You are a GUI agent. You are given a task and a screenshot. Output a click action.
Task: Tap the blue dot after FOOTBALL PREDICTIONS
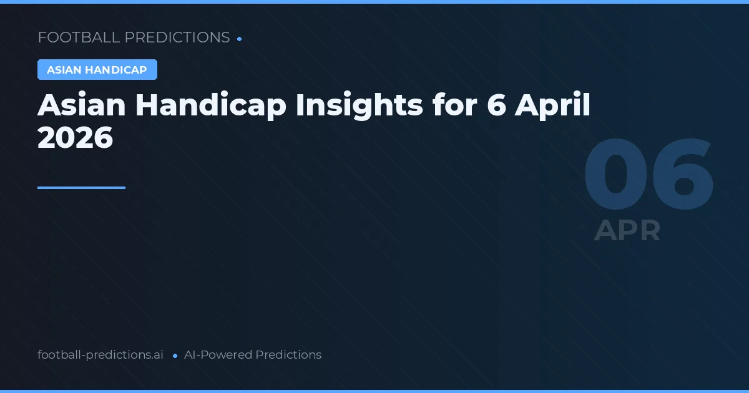pos(240,39)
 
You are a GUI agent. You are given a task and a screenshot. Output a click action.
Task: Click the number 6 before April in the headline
pos(497,105)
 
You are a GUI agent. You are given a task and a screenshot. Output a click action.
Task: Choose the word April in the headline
pos(552,105)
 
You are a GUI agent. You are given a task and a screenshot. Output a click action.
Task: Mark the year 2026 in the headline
pos(75,137)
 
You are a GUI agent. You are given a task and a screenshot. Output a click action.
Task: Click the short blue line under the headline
pos(81,187)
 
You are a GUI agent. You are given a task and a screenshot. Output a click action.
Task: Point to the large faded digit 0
pos(615,177)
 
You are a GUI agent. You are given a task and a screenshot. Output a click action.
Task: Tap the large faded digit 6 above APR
pos(682,177)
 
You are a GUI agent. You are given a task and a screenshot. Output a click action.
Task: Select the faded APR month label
pos(627,230)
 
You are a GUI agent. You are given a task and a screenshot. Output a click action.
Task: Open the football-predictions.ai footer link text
pos(100,355)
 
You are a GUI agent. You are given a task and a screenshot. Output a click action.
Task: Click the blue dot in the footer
pos(175,356)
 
